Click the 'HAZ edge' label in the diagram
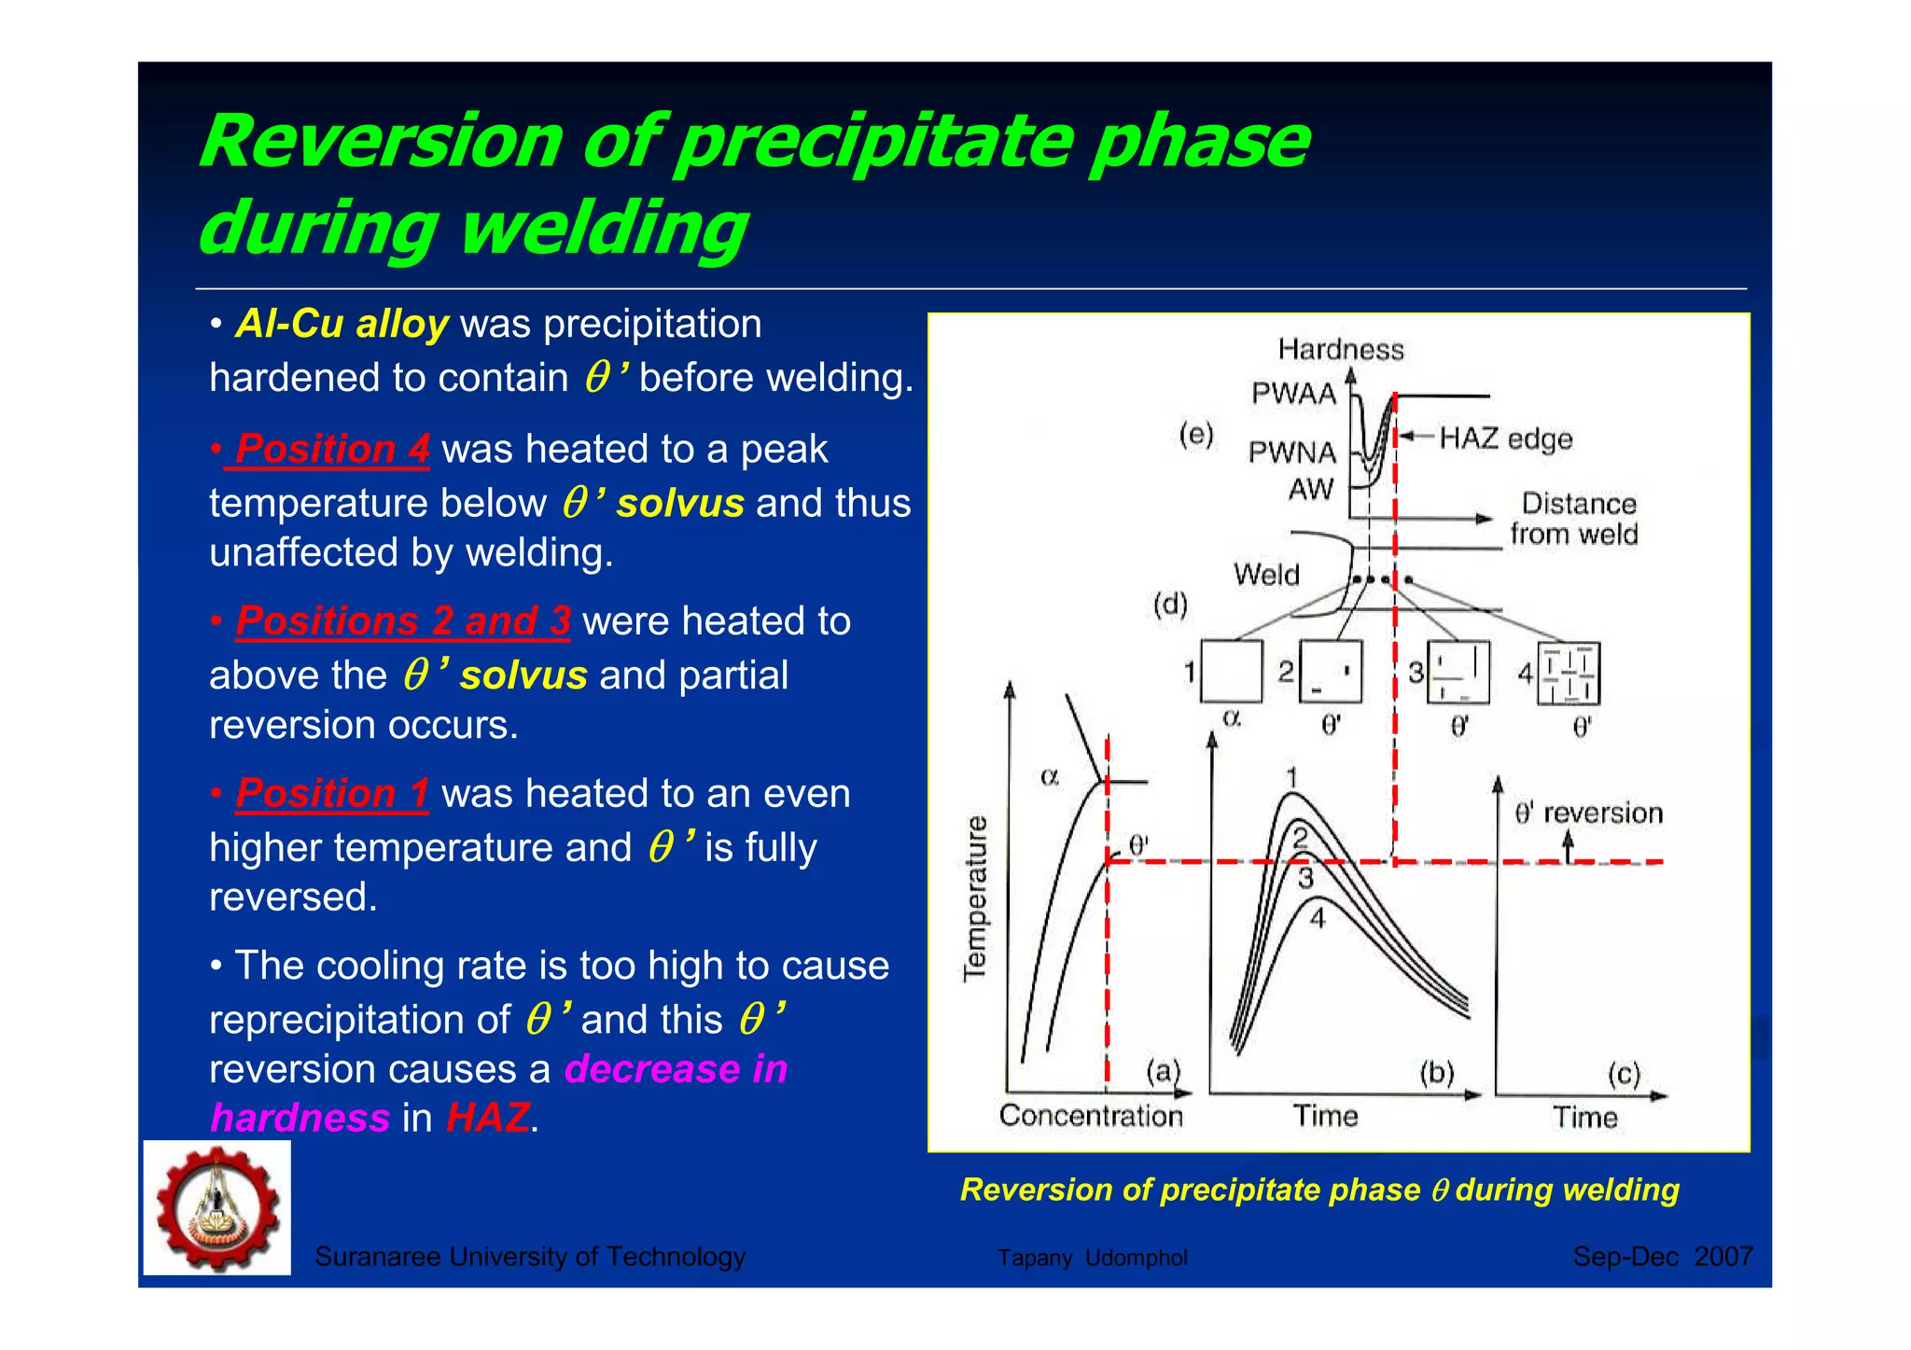coord(1505,438)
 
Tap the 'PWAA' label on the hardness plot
coord(1293,394)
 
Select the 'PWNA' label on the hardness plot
coord(1292,452)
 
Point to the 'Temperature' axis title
coord(975,898)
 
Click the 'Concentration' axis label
coord(1090,1116)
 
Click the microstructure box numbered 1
coord(1231,671)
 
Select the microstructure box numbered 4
coord(1569,673)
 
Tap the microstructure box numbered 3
coord(1458,672)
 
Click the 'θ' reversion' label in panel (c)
coord(1588,813)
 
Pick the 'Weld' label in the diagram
coord(1266,574)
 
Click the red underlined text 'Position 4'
coord(332,449)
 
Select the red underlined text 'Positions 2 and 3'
coord(403,621)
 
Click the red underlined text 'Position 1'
coord(332,793)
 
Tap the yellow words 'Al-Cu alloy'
coord(342,324)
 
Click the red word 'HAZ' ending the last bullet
coord(487,1118)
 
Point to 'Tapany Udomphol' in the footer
coord(1092,1258)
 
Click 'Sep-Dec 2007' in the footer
coord(1663,1257)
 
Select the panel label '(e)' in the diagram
coord(1195,434)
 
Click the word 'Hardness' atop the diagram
coord(1340,349)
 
